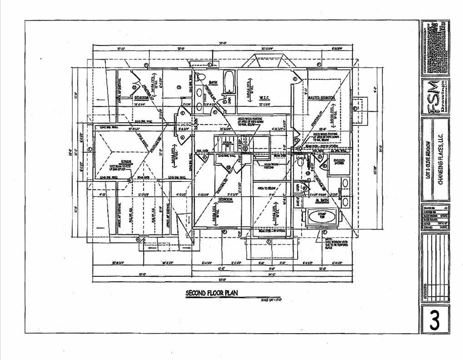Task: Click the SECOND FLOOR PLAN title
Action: (211, 293)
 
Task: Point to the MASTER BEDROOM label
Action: (321, 98)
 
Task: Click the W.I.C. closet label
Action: (265, 98)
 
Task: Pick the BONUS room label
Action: (114, 162)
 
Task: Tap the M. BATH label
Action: (322, 200)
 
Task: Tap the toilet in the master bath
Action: (300, 162)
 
